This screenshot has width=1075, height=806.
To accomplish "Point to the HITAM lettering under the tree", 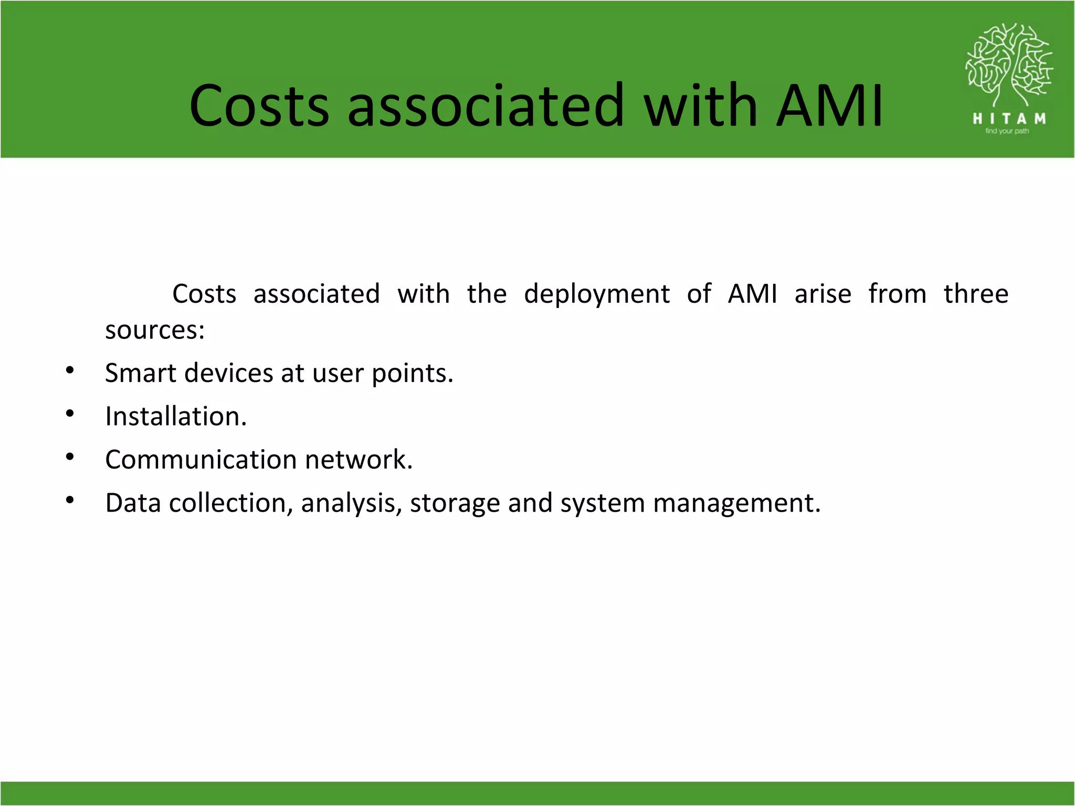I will click(1009, 119).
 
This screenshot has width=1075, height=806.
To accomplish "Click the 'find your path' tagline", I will click(1007, 131).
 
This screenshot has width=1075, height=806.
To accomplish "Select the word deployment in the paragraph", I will click(597, 294).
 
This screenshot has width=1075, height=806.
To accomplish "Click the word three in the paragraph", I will click(976, 294).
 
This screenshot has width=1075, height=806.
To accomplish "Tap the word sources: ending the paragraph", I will click(155, 331).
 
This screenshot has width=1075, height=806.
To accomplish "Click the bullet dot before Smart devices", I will click(70, 371).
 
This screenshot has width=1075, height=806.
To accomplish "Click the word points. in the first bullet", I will click(412, 374).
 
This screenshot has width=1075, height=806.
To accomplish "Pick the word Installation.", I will click(176, 417).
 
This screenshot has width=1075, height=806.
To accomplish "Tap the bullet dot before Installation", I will click(70, 414).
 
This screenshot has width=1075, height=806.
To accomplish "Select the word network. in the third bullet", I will click(359, 460).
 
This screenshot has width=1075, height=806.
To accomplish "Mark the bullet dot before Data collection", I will click(70, 501).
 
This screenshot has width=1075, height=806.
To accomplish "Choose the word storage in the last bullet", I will click(455, 504).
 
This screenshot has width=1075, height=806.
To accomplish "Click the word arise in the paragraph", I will click(823, 294).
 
